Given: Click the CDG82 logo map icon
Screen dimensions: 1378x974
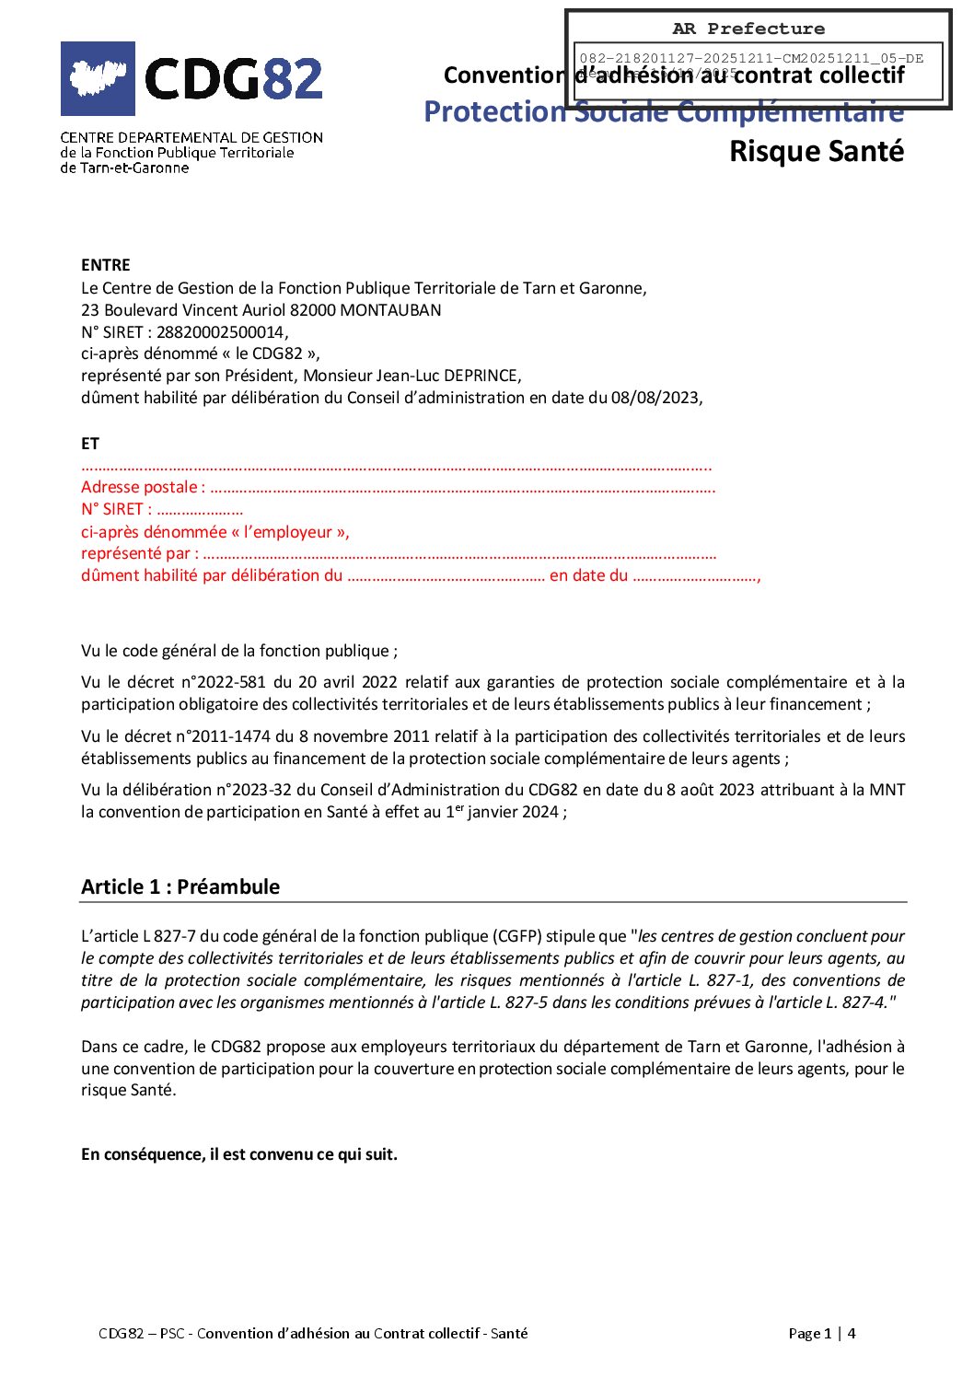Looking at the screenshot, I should click(x=98, y=78).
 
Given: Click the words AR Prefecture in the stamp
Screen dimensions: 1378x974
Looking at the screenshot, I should click(x=748, y=29).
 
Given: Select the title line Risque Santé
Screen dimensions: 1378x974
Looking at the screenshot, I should click(x=816, y=151).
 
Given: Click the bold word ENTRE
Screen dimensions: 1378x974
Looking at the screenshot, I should click(x=106, y=265).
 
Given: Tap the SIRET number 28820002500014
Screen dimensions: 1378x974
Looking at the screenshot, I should click(x=221, y=332).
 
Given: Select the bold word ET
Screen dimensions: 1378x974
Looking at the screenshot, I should click(x=90, y=444).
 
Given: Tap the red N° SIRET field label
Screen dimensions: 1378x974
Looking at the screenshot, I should click(x=114, y=509).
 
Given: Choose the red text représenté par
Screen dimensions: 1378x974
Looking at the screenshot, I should click(x=136, y=553).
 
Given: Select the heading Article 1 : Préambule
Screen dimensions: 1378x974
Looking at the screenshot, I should click(x=180, y=886).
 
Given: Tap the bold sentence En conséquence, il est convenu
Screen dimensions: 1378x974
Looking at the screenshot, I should click(x=239, y=1154).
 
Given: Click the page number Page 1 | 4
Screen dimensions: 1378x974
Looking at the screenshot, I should click(x=821, y=1333).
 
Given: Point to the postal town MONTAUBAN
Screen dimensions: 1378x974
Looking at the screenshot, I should click(x=390, y=310).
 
